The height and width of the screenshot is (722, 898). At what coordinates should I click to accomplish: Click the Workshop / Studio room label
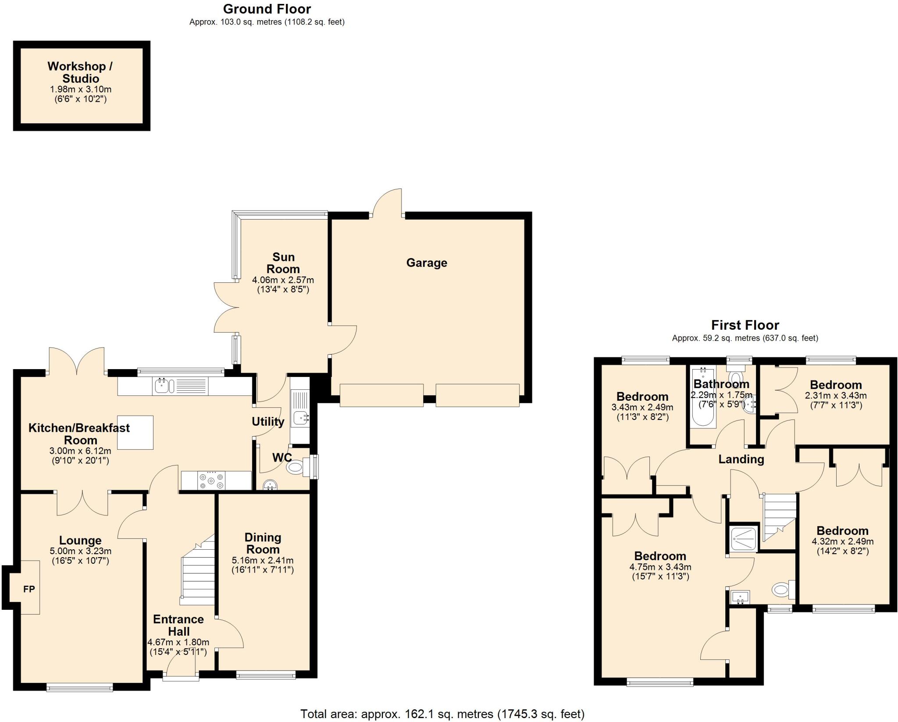(x=80, y=72)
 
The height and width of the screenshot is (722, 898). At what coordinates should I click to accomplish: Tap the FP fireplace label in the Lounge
(x=29, y=589)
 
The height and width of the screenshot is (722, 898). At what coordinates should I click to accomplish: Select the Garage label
(x=426, y=263)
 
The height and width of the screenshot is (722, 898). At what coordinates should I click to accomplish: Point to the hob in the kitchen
(x=211, y=480)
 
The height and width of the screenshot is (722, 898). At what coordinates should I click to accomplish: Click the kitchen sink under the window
(x=164, y=386)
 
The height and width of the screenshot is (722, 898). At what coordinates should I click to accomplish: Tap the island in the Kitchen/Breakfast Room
(x=135, y=432)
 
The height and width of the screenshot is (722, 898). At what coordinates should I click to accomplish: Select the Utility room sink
(x=300, y=418)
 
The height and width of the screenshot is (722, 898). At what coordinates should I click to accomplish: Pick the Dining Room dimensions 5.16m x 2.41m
(x=262, y=560)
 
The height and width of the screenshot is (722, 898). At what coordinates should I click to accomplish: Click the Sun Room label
(x=283, y=263)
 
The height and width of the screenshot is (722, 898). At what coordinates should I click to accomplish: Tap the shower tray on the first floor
(x=744, y=538)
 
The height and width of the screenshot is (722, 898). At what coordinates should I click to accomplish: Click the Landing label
(x=741, y=459)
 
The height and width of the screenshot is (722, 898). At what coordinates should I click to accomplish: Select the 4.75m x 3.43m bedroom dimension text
(x=660, y=567)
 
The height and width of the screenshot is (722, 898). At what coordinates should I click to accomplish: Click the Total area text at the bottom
(x=442, y=714)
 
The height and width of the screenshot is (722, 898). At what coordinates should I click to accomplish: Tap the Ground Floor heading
(x=267, y=9)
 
